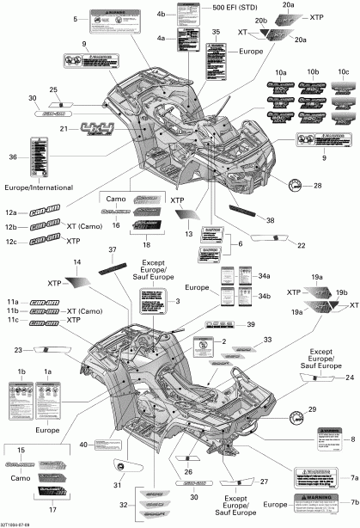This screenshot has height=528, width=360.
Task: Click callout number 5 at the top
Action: [x=76, y=19]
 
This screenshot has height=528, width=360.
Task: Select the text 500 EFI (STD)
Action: [x=235, y=9]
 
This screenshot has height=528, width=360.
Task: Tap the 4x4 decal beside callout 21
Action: [x=97, y=129]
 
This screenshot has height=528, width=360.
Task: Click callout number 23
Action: [x=18, y=350]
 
